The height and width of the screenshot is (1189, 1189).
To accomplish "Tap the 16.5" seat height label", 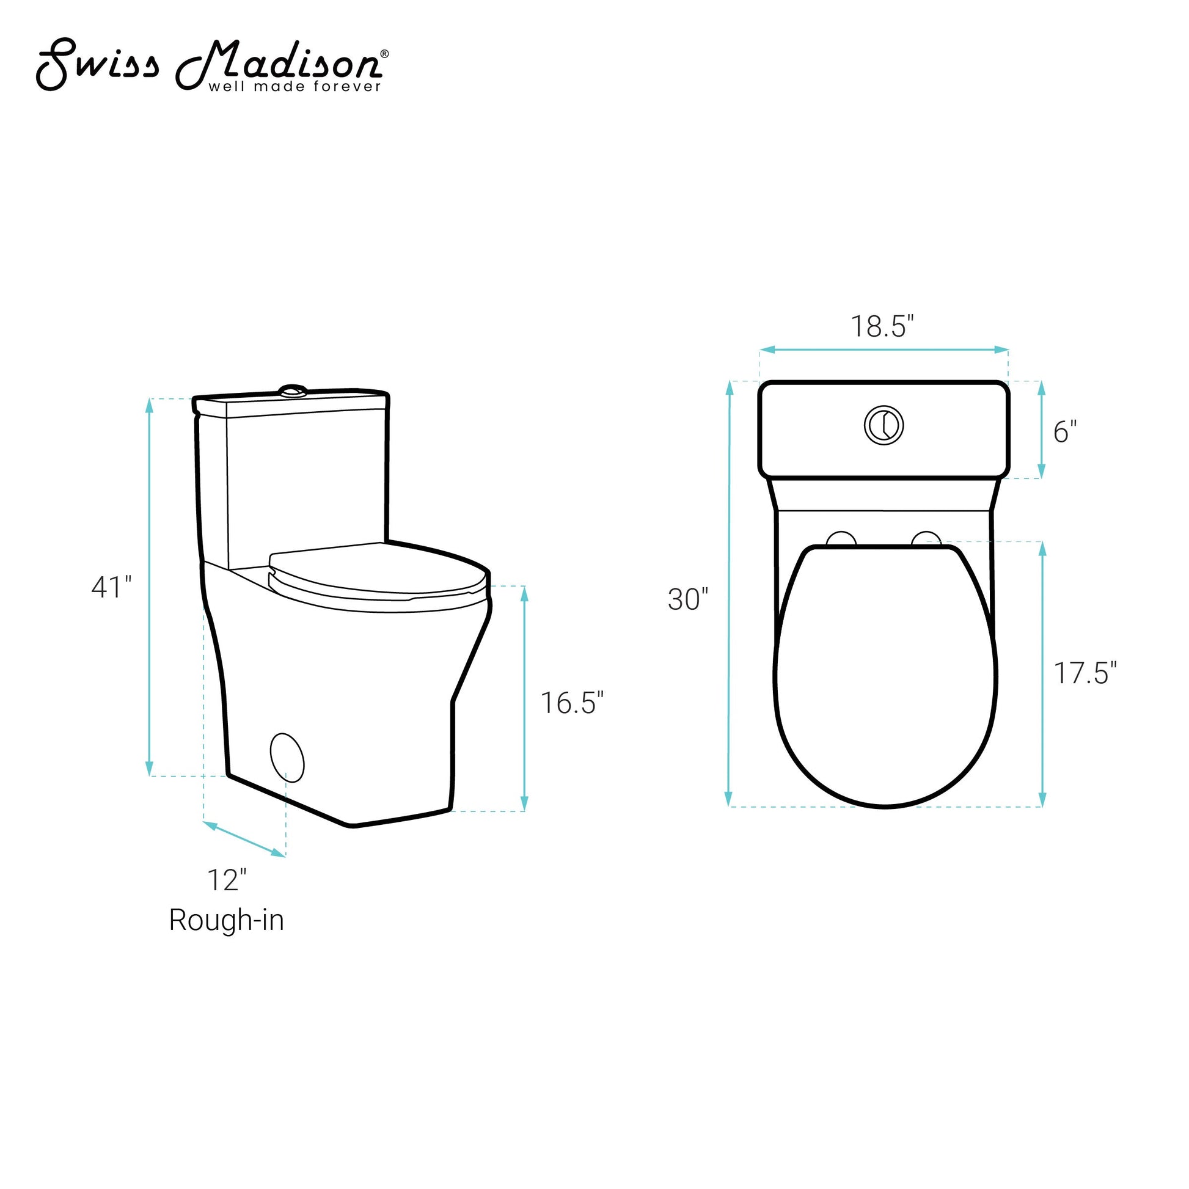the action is (x=572, y=702).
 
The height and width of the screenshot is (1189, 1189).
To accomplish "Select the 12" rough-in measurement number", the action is (x=227, y=880).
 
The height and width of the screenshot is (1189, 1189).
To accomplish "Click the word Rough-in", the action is (x=227, y=921).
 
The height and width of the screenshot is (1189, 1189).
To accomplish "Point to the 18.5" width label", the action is (x=882, y=326).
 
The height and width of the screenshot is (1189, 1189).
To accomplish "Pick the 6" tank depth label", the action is (x=1065, y=432).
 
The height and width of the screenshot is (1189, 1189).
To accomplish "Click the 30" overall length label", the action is (x=688, y=599).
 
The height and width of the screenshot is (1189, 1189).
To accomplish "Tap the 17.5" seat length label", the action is (x=1085, y=673).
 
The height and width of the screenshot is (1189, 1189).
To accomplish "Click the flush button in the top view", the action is (x=884, y=425).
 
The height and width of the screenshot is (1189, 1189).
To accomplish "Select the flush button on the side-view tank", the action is (x=293, y=390).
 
